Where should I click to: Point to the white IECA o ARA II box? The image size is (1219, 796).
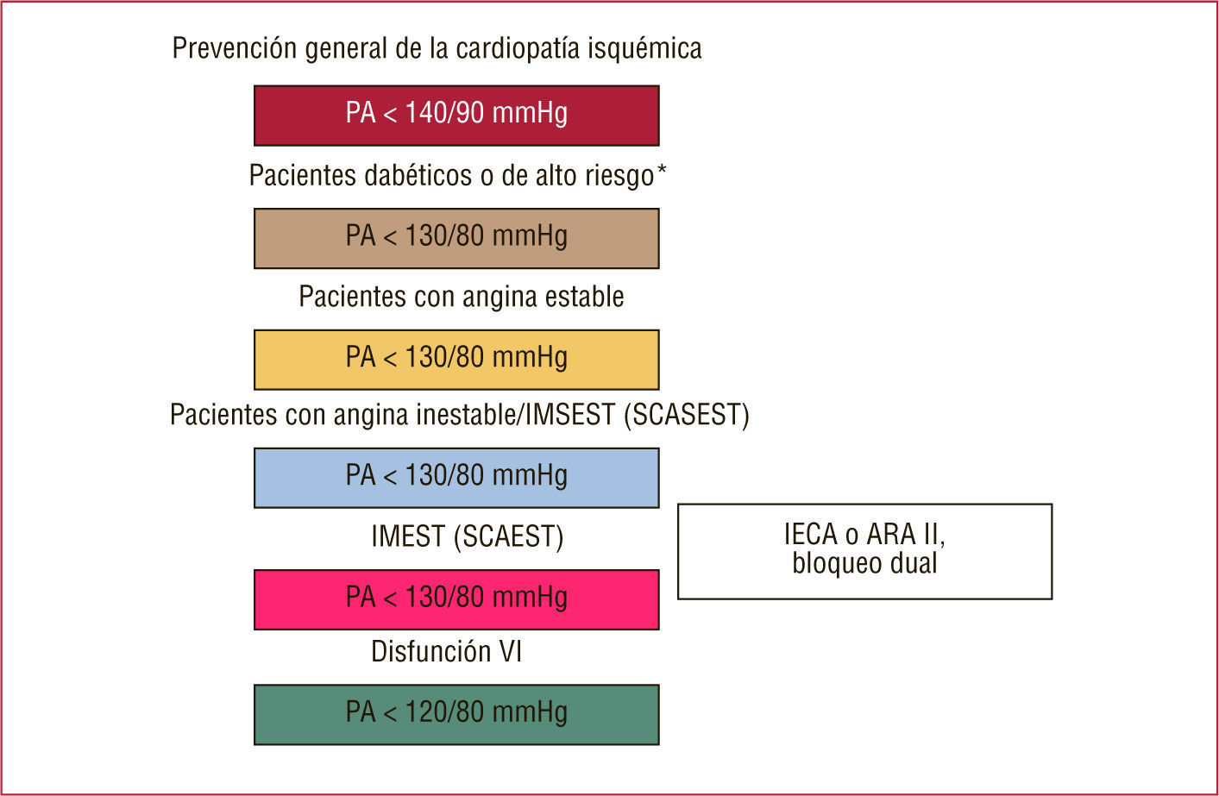[864, 551]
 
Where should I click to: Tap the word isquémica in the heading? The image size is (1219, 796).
[645, 48]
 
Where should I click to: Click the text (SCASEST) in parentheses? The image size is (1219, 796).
[687, 415]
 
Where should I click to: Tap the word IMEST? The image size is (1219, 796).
[408, 536]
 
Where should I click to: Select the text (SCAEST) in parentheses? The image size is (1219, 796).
[509, 536]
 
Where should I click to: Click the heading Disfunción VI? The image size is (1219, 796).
[446, 651]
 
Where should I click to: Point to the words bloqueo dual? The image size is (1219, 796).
[864, 564]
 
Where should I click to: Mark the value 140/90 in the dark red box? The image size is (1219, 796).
[445, 113]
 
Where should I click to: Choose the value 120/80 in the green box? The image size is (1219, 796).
[445, 712]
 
